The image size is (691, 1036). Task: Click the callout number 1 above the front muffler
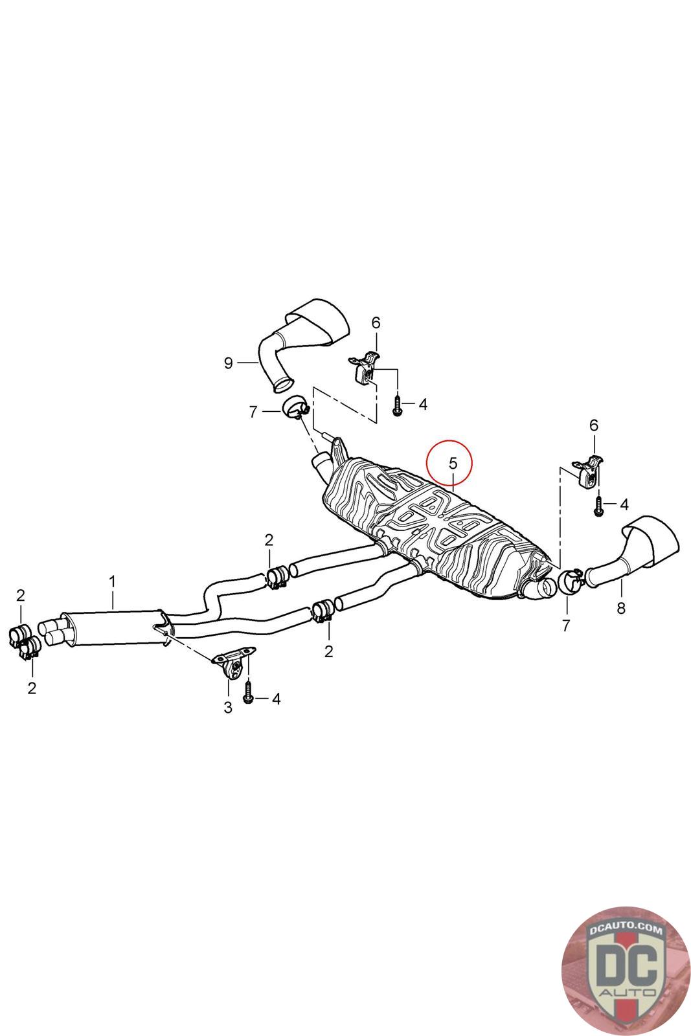point(112,581)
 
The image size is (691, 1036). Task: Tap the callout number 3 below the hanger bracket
point(228,708)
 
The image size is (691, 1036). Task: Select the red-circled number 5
point(453,464)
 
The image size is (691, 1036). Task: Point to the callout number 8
point(621,608)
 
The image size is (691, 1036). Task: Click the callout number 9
point(228,363)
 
